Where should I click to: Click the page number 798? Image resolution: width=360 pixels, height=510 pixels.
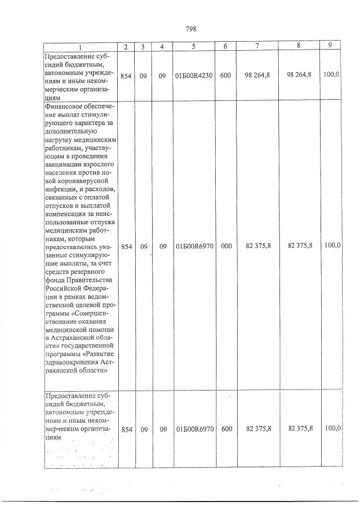point(190,29)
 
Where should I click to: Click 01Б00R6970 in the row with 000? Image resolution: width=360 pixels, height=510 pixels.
point(194,246)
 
